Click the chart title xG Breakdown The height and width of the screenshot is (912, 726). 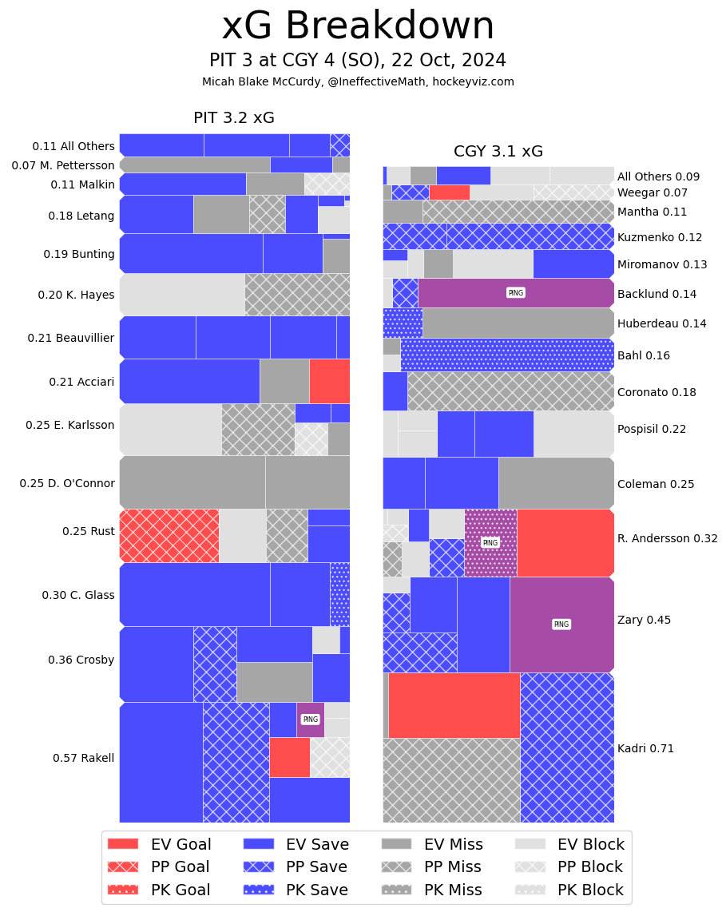click(358, 26)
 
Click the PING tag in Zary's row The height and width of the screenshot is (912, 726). click(561, 625)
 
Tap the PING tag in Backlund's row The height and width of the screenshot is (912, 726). click(516, 293)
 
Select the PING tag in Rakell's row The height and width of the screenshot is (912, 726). click(310, 720)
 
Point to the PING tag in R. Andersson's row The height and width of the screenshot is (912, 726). click(490, 543)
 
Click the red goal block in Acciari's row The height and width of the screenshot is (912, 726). click(329, 381)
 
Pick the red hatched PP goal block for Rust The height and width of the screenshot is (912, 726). click(169, 536)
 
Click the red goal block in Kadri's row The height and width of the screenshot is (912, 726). click(454, 705)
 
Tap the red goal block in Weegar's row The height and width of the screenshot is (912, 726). click(449, 192)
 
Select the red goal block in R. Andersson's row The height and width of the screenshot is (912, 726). click(565, 543)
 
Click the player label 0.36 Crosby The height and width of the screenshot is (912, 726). click(81, 660)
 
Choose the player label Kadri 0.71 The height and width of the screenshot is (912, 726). click(645, 749)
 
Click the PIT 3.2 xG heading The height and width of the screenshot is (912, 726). click(234, 118)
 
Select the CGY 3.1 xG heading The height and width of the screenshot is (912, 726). click(498, 152)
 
